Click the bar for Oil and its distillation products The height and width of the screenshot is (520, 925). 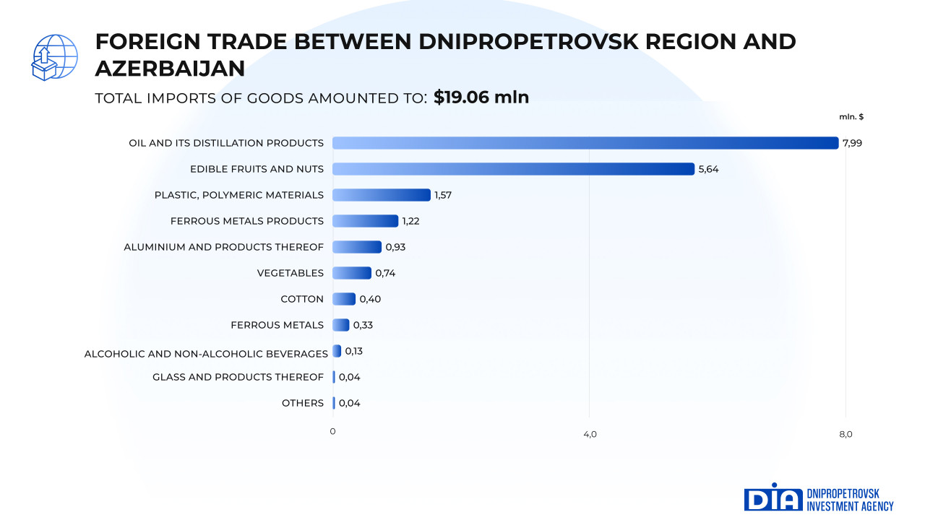[x=585, y=143]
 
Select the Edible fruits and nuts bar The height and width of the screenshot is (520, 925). [x=513, y=169]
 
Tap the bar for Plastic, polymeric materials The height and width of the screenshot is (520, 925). [x=382, y=195]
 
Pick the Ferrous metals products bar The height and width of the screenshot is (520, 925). [x=365, y=221]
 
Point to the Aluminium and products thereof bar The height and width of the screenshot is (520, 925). [x=357, y=247]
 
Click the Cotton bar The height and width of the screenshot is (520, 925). [x=344, y=299]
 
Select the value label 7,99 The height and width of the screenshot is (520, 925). [x=852, y=143]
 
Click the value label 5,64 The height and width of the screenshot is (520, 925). [x=708, y=169]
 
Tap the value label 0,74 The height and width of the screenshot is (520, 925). [x=385, y=273]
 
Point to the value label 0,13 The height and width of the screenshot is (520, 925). [x=353, y=351]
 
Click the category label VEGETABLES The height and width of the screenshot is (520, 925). [x=290, y=273]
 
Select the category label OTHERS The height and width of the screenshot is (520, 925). [x=302, y=403]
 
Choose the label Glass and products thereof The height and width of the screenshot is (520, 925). [x=238, y=377]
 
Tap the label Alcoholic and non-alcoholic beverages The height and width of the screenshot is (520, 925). [x=206, y=354]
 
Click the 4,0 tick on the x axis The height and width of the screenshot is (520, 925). [x=590, y=433]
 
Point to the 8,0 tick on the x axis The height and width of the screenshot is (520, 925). [x=846, y=433]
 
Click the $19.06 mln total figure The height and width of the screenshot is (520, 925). [x=481, y=97]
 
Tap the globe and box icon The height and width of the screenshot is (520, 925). [x=54, y=57]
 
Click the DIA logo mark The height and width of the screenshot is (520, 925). [x=773, y=498]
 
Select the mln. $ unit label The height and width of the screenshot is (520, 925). [x=851, y=116]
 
